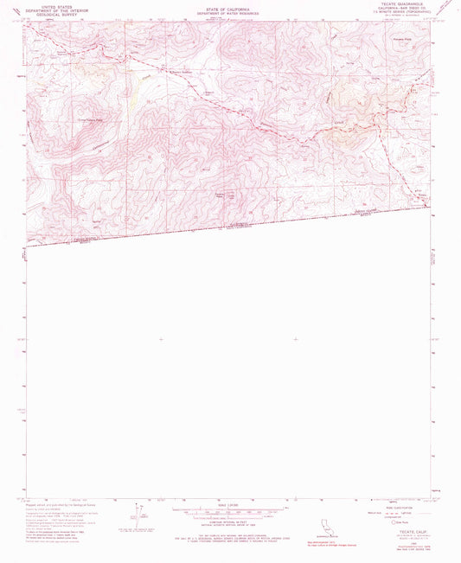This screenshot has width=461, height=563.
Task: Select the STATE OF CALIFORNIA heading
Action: pyautogui.click(x=229, y=6)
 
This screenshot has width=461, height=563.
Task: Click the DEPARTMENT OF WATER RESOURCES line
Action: pyautogui.click(x=229, y=12)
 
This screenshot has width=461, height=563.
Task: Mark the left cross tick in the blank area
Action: pyautogui.click(x=161, y=340)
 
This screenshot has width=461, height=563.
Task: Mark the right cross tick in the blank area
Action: pyautogui.click(x=296, y=340)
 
